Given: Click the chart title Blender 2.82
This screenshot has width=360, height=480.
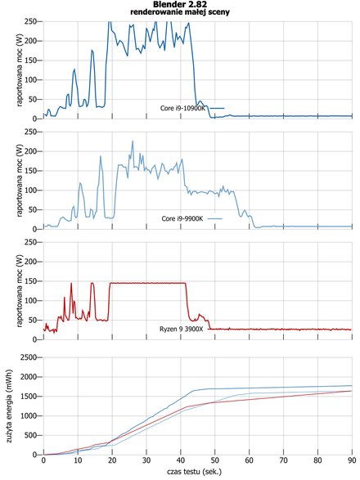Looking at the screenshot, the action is (180, 4).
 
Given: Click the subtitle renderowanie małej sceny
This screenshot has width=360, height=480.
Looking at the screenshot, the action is (180, 12).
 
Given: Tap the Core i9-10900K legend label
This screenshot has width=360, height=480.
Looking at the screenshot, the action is (182, 108).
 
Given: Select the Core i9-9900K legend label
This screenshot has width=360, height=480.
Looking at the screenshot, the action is (182, 218).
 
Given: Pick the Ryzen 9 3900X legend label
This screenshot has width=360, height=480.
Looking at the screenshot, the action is (182, 329).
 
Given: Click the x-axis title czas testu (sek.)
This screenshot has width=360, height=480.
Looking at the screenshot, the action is (194, 472).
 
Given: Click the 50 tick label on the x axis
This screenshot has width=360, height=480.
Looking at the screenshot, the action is (215, 460).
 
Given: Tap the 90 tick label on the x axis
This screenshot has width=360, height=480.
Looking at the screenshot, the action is (352, 460).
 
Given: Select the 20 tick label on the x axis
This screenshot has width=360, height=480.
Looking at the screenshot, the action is (112, 460).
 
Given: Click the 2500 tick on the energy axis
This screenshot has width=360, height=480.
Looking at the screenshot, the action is (29, 357).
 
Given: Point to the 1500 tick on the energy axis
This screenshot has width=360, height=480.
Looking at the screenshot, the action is (29, 396).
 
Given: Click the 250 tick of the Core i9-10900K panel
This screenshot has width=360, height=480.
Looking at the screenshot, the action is (30, 21).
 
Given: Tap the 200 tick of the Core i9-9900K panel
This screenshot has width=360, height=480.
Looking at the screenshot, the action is (30, 151).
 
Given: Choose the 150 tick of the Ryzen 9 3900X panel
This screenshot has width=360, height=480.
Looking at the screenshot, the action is (30, 281).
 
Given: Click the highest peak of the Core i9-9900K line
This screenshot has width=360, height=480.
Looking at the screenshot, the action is (133, 141).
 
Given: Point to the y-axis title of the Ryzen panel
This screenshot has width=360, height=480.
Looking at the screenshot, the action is (20, 291).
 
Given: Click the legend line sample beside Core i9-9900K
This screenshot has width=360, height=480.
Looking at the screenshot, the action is (214, 218).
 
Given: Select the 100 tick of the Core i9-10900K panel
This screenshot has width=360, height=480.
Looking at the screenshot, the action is (30, 80).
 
